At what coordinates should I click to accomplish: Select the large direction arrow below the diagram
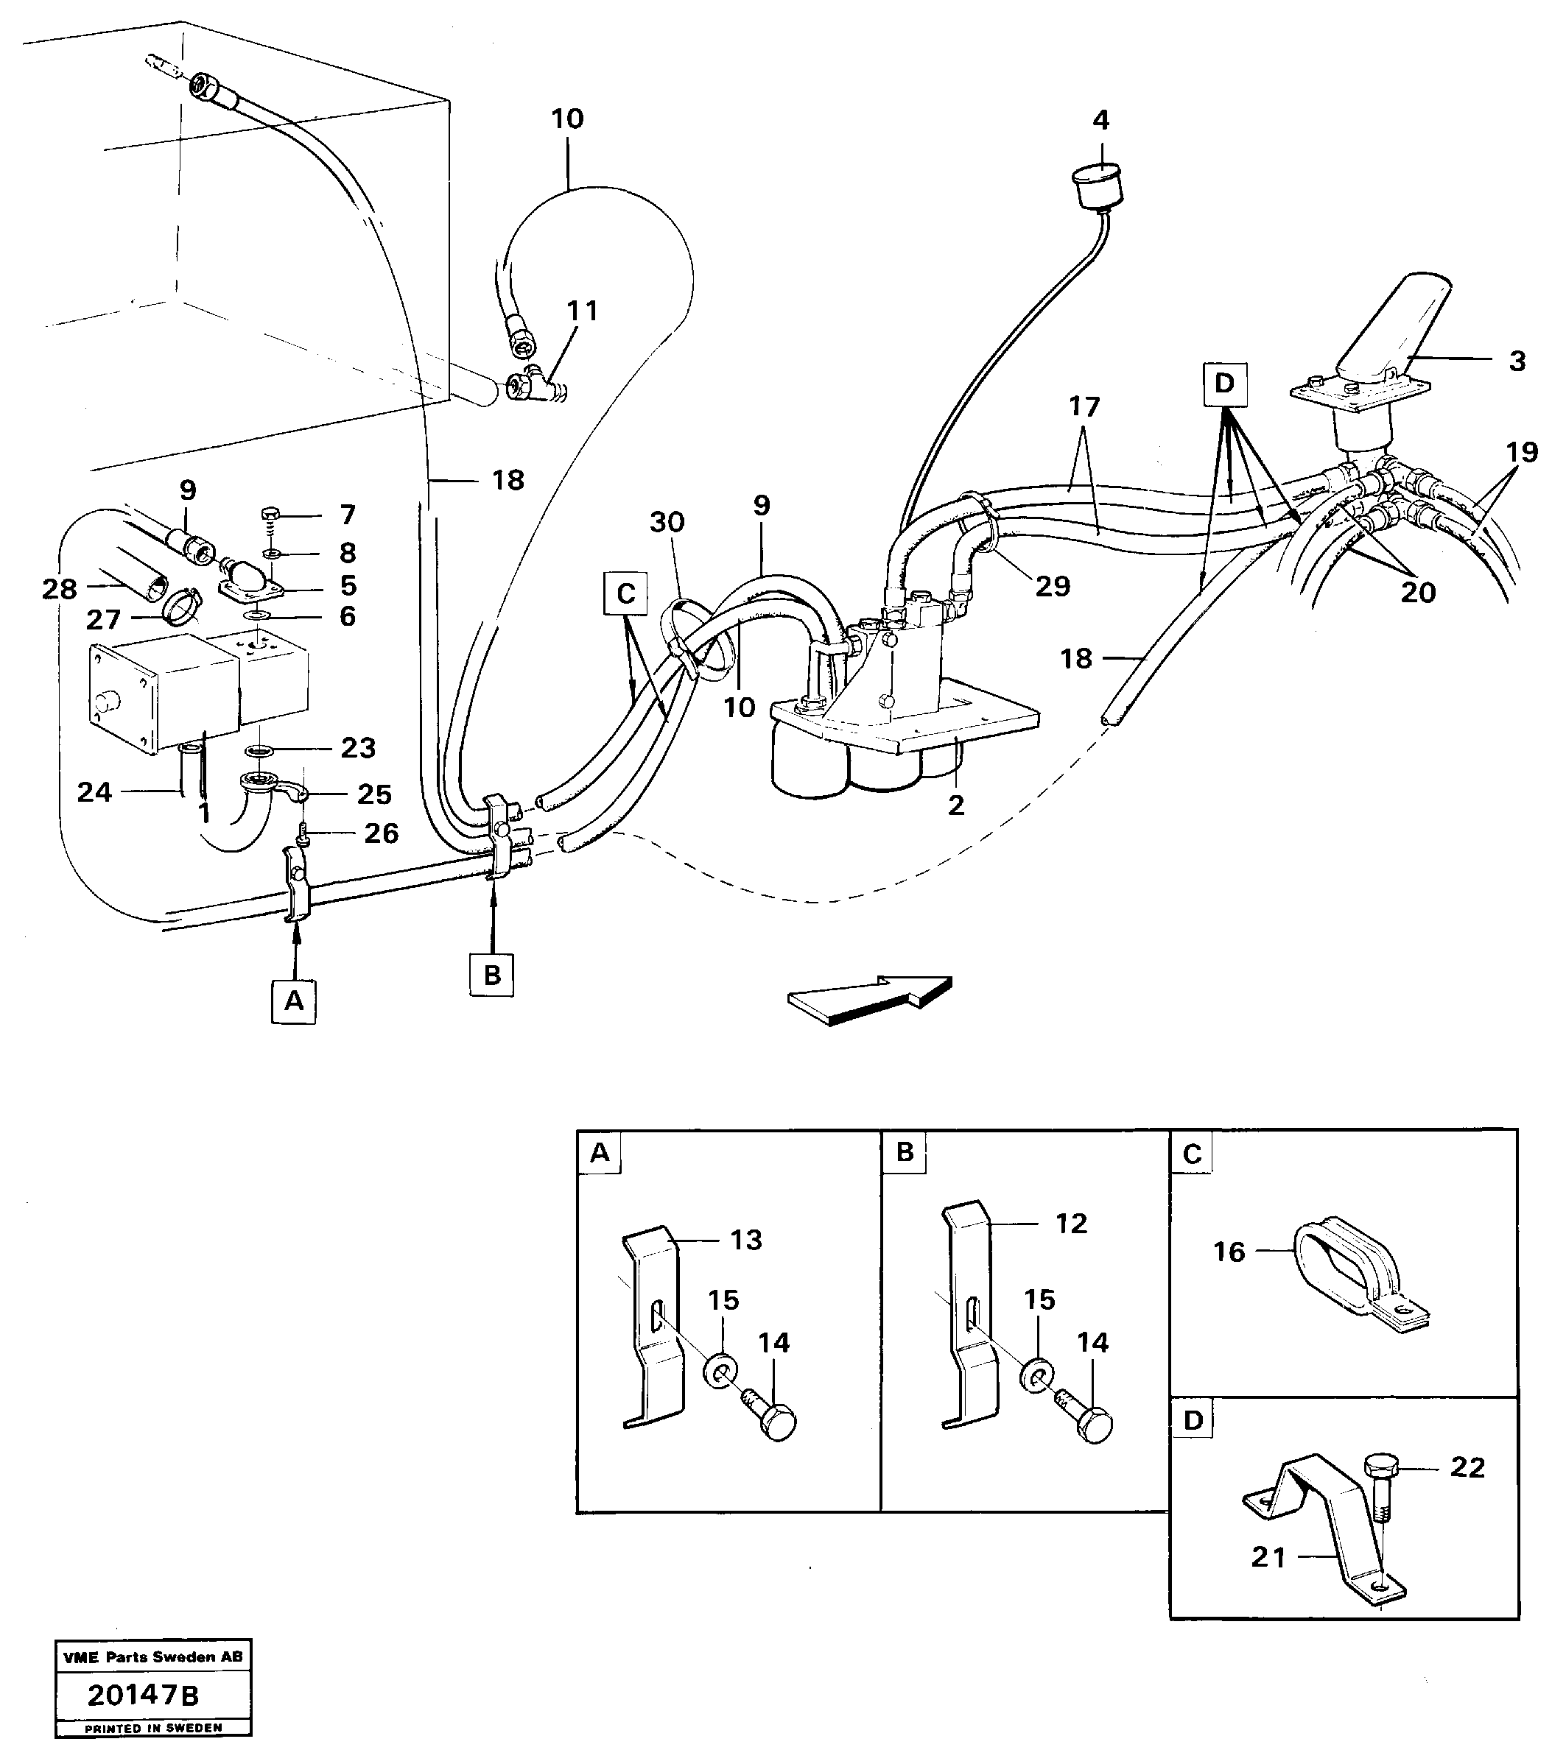tap(869, 999)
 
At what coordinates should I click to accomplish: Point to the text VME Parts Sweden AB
tap(153, 1656)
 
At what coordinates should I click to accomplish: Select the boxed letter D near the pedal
tap(1225, 384)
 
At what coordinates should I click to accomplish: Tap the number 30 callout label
tap(667, 521)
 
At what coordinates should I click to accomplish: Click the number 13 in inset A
tap(746, 1239)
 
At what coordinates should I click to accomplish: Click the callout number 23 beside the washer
tap(358, 747)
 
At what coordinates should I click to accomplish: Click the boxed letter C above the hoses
tap(625, 593)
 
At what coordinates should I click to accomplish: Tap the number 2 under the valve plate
tap(956, 804)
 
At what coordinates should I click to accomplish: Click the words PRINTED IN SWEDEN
tap(153, 1729)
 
